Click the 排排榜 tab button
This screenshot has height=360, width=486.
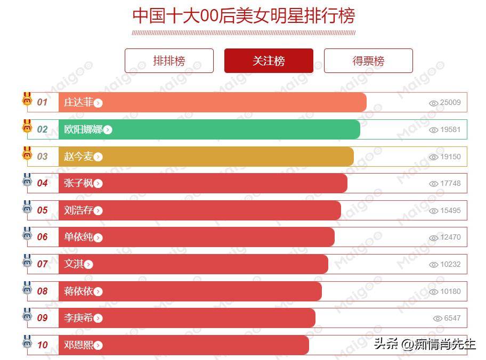click(169, 61)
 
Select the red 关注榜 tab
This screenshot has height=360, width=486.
click(269, 61)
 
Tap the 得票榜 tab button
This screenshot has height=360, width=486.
click(368, 61)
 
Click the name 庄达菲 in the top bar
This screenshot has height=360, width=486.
click(78, 102)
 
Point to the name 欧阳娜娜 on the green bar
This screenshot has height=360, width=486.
click(83, 129)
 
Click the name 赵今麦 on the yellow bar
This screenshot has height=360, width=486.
click(78, 157)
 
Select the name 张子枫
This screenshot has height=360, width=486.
click(78, 183)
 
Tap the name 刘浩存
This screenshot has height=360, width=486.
click(78, 210)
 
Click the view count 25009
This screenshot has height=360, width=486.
click(450, 103)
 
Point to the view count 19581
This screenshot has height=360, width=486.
click(450, 129)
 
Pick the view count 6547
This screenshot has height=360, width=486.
click(452, 318)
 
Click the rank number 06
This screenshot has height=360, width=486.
click(42, 237)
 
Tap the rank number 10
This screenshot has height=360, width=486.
click(42, 345)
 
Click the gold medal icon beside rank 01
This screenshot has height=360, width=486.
click(27, 100)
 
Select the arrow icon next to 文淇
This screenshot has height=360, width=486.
click(88, 265)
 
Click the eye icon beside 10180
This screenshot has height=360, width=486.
click(434, 292)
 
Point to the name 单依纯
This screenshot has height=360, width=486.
click(78, 237)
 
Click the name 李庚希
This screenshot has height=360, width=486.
click(78, 318)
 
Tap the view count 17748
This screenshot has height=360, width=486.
click(450, 183)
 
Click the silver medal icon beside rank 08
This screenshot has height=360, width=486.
click(27, 289)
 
